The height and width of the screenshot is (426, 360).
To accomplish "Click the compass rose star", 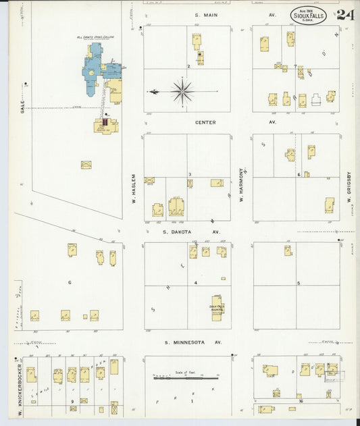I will coord(182,90).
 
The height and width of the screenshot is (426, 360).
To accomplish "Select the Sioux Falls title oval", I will coord(309,15).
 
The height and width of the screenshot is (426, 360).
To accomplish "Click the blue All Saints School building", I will coord(95,68).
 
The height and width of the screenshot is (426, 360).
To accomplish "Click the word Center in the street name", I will coord(205,122).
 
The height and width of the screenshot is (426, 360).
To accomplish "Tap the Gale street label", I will coord(22,107).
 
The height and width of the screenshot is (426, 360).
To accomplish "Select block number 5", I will coord(298,284).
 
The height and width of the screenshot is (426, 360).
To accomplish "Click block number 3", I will coord(190,174).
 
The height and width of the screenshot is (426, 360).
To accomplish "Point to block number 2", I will coord(188,66).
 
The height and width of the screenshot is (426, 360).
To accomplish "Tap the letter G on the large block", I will coord(69,282).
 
